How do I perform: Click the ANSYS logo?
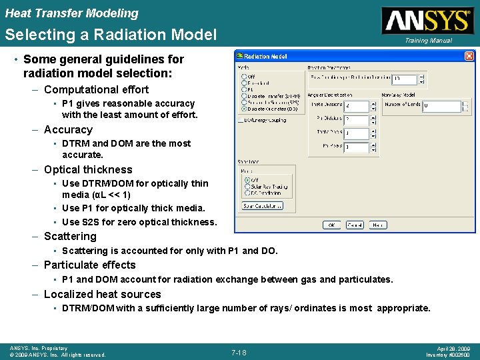tap(427, 21)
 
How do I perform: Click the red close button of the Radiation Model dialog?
tap(469, 57)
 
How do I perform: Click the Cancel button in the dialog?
tap(355, 225)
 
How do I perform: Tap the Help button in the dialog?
tap(377, 225)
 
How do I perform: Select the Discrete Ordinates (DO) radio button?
tap(244, 109)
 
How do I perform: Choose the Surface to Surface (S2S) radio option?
tap(244, 102)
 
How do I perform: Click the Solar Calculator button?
tap(262, 206)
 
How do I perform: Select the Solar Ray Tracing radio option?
tap(246, 186)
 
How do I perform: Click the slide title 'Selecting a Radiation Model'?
tap(111, 35)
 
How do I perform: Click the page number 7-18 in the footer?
tap(239, 352)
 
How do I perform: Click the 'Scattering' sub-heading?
tap(70, 237)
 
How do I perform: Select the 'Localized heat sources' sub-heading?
tap(102, 295)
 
